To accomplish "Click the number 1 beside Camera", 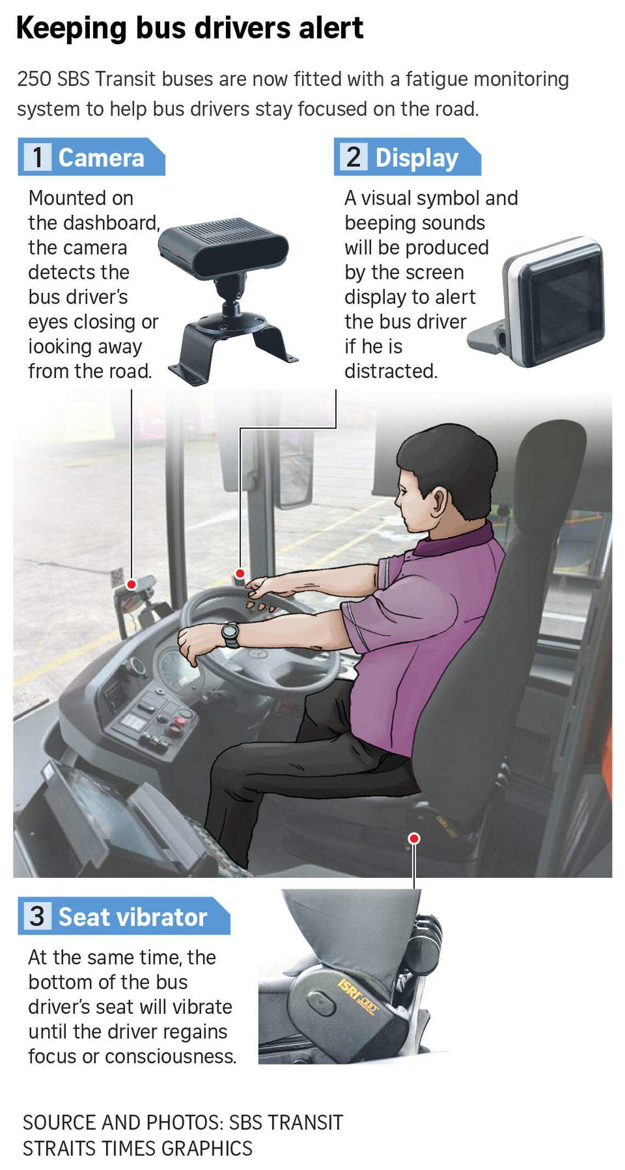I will pos(38,157).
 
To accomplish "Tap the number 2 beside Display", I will pos(354,157).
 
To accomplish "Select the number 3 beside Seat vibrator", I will pos(37,916).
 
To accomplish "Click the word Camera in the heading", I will pos(101,158).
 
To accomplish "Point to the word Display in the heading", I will pos(417,158).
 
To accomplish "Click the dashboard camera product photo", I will pos(228,296).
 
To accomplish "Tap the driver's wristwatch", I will pos(230,634).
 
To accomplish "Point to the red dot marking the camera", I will pos(132,585).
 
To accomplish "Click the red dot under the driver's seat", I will pos(414,838).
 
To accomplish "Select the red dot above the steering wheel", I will pos(240,573).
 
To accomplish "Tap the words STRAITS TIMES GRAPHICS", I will pos(137,1148).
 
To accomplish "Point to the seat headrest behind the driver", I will pos(554,471).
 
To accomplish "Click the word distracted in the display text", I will pos(390,371).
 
